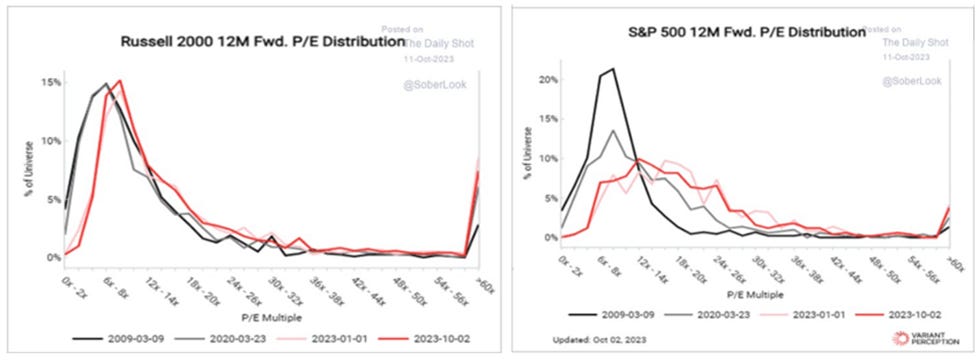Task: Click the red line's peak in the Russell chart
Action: tap(120, 81)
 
